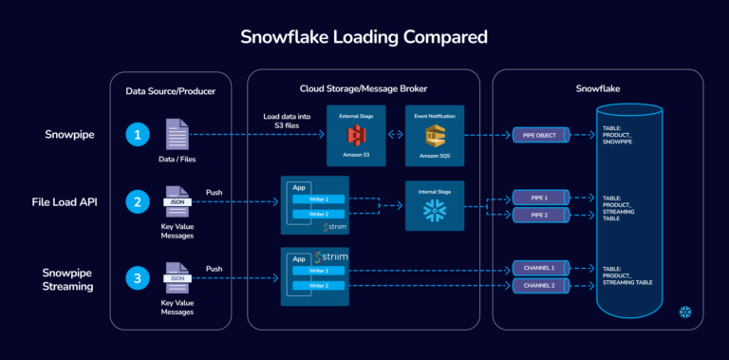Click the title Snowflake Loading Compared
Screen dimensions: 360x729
[364, 37]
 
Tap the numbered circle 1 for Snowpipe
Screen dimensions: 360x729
[140, 135]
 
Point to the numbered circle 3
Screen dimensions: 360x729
[140, 278]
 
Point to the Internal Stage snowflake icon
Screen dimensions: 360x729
[434, 209]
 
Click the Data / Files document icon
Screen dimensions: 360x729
[178, 132]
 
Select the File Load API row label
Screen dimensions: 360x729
[64, 203]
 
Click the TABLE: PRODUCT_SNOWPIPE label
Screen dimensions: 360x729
[621, 134]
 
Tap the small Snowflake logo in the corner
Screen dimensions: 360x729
[683, 312]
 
